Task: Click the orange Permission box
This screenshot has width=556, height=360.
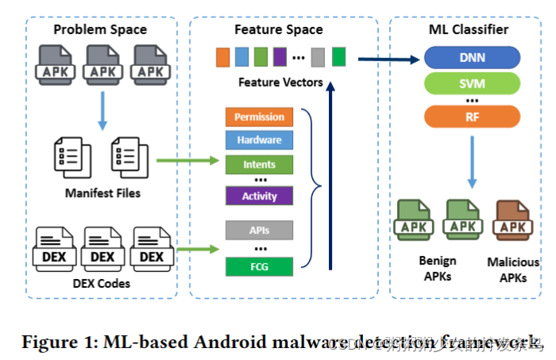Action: (x=259, y=117)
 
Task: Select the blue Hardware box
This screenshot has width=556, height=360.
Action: (x=259, y=141)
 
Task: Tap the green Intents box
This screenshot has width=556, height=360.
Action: (x=259, y=165)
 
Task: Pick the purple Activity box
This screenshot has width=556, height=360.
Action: (x=259, y=195)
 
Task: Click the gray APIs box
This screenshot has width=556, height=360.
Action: (x=259, y=230)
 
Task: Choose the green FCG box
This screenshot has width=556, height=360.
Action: (x=259, y=266)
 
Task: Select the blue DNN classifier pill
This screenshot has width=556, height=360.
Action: (x=473, y=57)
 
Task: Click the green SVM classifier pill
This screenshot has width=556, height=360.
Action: (x=473, y=83)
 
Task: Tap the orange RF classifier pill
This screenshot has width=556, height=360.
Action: (x=473, y=118)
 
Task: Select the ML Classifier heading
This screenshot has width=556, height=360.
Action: (x=474, y=30)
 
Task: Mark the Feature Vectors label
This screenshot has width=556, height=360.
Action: (x=280, y=82)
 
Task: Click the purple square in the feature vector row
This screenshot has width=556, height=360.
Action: (x=279, y=57)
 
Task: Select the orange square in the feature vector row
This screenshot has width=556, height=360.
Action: (x=222, y=57)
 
